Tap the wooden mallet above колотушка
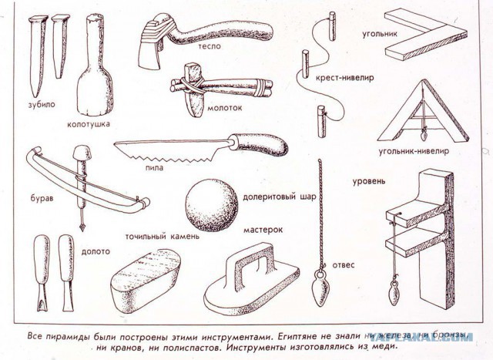point(96,69)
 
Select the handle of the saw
point(260,143)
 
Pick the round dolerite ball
point(212,204)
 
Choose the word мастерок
point(264,229)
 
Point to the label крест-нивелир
point(335,78)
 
